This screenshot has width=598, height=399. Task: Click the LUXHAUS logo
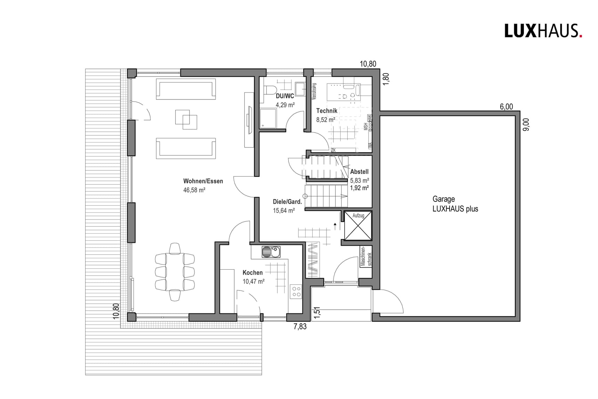[543, 31]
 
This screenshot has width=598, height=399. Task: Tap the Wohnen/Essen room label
[203, 181]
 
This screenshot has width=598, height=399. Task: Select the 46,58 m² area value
[194, 190]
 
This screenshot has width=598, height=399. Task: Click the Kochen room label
[252, 273]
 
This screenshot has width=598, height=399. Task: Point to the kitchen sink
[271, 252]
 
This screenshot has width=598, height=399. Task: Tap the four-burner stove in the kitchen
[296, 292]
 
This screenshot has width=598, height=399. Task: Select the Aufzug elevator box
[358, 226]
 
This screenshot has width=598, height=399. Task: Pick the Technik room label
[326, 111]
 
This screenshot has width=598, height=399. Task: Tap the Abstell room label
[359, 172]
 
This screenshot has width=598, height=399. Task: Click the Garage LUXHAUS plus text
[455, 204]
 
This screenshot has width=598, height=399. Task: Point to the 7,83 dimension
[300, 327]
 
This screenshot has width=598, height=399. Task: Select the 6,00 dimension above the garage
[506, 107]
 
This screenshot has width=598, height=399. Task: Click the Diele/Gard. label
[287, 202]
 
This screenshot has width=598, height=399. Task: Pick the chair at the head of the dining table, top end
[175, 249]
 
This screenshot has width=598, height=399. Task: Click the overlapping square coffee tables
[186, 119]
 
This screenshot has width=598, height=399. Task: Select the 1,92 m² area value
[359, 188]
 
